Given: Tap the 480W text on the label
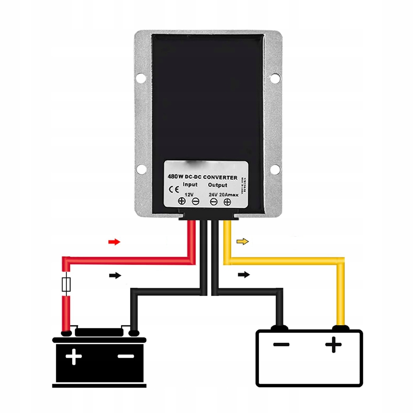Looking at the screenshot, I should point(174,176).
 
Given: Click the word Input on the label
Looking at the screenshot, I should point(190,185).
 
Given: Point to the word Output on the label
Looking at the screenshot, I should point(218,185).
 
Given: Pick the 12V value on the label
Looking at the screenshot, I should point(189,194).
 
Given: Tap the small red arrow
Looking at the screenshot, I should point(114,242).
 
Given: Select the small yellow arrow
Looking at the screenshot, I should point(243,242).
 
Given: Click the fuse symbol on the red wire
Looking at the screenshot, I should point(66,285).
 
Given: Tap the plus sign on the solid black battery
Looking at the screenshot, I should point(74,356).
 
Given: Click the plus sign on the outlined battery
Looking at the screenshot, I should point(333,344).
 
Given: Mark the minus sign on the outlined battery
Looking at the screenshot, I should point(281,344).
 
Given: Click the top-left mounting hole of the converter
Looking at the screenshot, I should point(140,77).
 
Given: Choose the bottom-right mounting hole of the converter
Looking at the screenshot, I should point(274,169).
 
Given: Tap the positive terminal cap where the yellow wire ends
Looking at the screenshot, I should point(340,328).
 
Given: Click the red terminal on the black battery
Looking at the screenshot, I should point(66,332).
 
